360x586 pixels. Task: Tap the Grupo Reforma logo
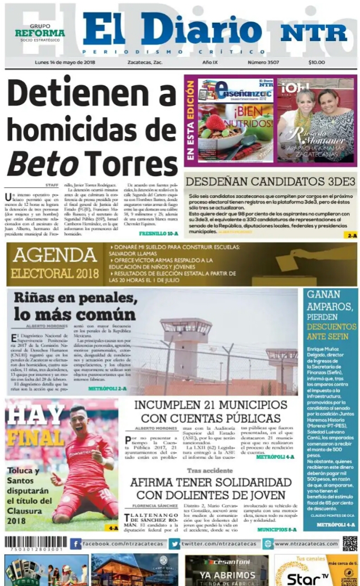pos(40,33)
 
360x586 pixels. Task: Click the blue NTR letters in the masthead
pos(314,33)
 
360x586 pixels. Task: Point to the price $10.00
pos(316,62)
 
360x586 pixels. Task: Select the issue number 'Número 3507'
pos(265,62)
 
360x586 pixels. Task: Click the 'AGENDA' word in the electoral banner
pos(55,255)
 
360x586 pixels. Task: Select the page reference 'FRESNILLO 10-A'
pos(158,233)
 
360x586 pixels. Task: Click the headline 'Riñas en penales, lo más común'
pos(74,306)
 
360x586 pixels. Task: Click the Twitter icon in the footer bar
pos(174,544)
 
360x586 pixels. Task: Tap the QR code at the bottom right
pos(349,543)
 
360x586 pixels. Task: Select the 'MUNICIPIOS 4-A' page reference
pos(275,457)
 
